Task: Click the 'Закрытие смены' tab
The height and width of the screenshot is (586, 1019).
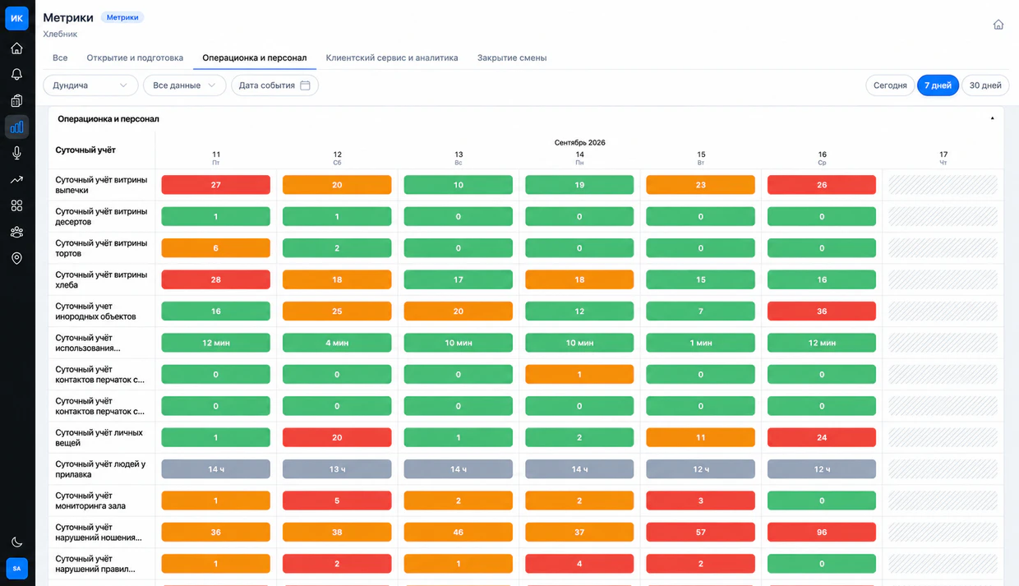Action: [512, 58]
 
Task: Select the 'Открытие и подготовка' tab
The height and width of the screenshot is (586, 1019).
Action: [135, 58]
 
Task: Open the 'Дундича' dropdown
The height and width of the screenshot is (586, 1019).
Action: [90, 85]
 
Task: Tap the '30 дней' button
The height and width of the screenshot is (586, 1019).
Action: [984, 85]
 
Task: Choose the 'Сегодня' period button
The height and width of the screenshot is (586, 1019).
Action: [890, 85]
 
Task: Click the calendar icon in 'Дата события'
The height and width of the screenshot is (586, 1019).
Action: [305, 85]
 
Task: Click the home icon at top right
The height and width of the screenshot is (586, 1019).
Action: [998, 25]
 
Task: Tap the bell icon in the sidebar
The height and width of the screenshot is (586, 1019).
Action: [16, 74]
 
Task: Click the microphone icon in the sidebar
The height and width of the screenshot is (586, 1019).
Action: [16, 153]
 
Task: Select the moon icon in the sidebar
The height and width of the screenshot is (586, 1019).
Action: [16, 542]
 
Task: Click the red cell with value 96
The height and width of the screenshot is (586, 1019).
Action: [822, 532]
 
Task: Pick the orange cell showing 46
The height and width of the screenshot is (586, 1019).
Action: [458, 532]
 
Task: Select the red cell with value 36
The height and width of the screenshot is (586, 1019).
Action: [822, 311]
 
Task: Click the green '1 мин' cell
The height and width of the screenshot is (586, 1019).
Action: [700, 343]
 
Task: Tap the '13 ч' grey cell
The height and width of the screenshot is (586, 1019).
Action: [337, 469]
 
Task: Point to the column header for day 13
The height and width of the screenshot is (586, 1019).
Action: [458, 158]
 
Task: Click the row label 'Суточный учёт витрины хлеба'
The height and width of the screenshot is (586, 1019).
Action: [101, 279]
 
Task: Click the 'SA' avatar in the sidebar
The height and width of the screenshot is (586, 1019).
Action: [16, 568]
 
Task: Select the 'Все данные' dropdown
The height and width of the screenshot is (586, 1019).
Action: [184, 85]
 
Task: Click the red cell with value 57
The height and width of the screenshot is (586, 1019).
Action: [700, 532]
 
